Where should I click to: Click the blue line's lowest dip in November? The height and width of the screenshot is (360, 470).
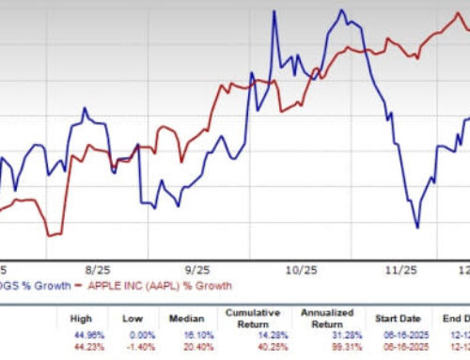(x=417, y=227)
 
